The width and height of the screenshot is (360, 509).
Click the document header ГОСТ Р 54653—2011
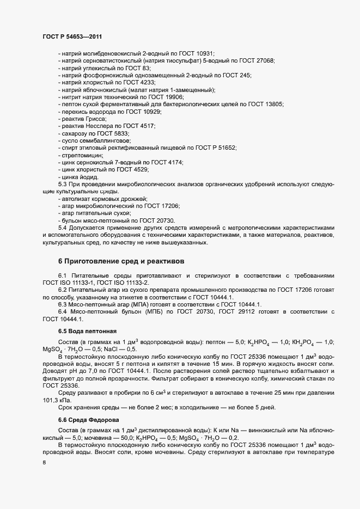tap(72, 36)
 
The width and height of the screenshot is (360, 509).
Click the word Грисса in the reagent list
tap(95, 119)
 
